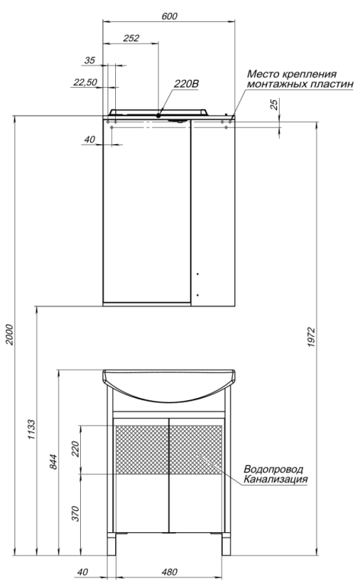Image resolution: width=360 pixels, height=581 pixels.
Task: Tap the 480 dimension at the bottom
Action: (x=169, y=572)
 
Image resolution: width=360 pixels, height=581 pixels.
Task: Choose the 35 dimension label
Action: (x=90, y=59)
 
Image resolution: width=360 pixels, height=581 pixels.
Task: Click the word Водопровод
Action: (x=273, y=468)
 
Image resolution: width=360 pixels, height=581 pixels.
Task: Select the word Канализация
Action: (x=276, y=480)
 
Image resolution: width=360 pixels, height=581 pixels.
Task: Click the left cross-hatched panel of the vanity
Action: (x=140, y=449)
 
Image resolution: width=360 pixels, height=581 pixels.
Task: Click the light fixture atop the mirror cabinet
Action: (x=159, y=113)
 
